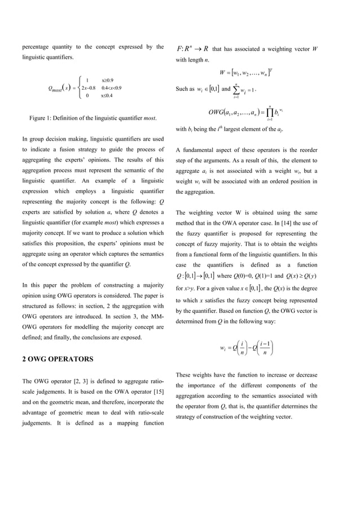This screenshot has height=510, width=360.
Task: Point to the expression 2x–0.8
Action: pos(88,88)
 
